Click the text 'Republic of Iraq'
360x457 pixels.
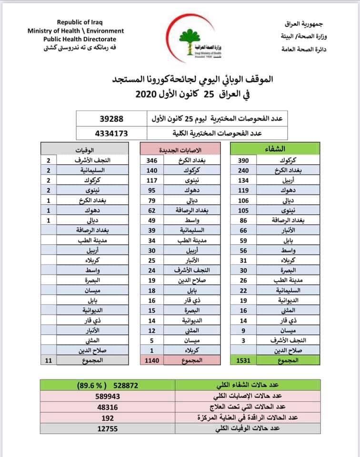(x=80, y=22)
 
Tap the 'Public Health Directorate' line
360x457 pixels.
(x=80, y=39)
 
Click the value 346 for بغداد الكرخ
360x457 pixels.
(x=152, y=161)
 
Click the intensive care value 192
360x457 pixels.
(x=109, y=417)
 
